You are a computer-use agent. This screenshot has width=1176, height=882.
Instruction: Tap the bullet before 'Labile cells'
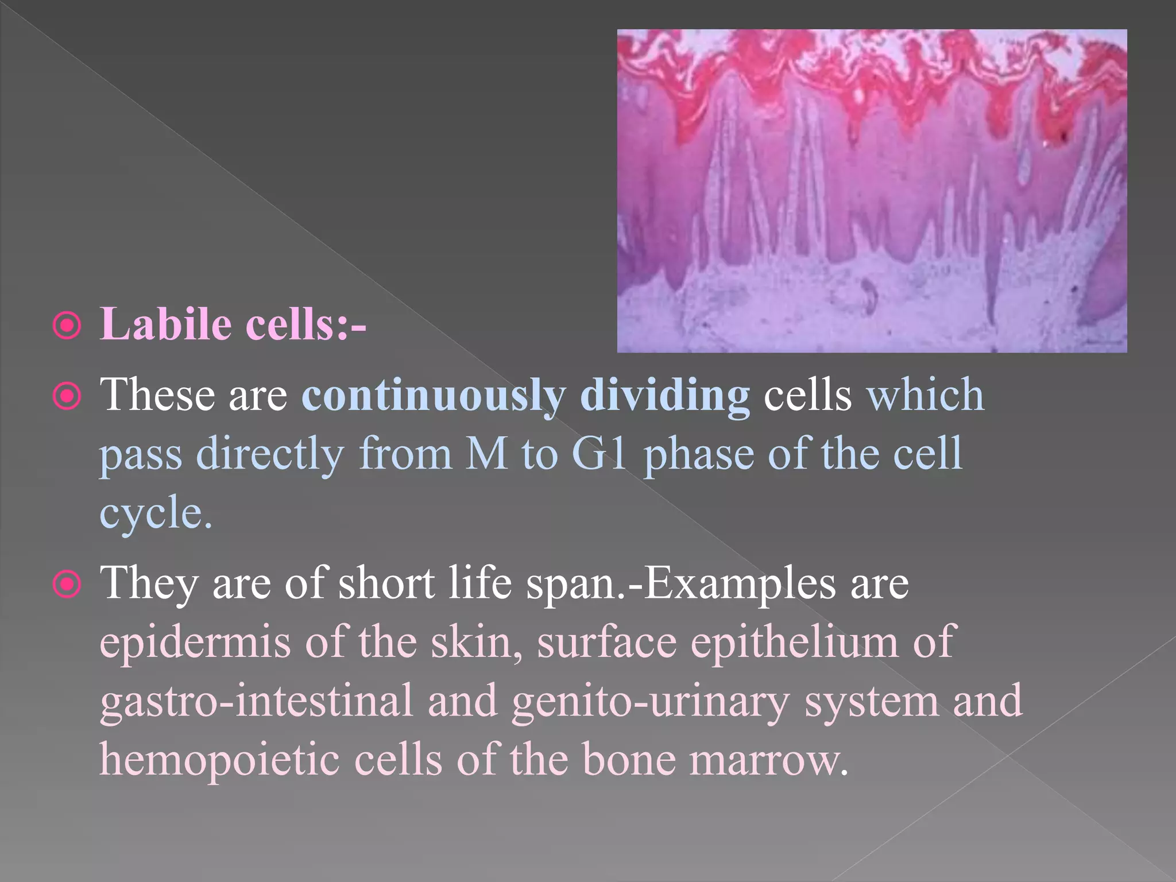[67, 326]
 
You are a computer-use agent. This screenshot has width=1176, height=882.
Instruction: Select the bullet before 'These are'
[67, 396]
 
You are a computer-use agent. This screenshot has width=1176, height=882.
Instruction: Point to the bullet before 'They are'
[67, 585]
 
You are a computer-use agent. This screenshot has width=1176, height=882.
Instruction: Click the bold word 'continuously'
[434, 396]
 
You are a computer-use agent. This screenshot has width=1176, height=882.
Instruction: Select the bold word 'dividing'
[664, 396]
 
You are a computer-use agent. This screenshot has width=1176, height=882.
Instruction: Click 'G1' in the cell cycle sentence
[599, 454]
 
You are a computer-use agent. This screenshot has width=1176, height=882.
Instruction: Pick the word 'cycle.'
[156, 513]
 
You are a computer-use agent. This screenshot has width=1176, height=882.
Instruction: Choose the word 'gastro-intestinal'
[256, 701]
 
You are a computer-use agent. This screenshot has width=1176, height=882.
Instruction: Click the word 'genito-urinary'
[651, 701]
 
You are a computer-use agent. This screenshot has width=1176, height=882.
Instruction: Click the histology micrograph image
[872, 191]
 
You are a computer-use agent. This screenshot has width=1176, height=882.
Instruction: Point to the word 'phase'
[698, 455]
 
